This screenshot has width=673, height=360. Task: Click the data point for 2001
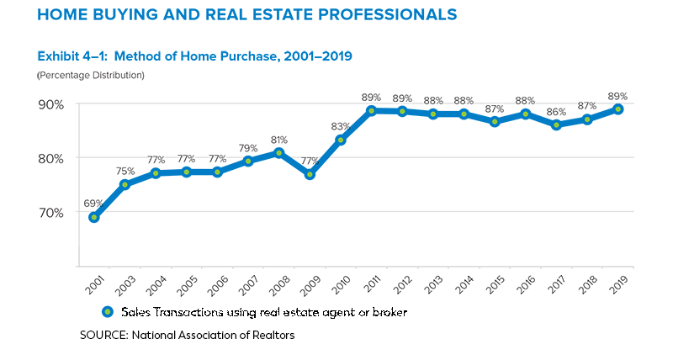click(94, 217)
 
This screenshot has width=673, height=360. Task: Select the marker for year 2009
click(310, 174)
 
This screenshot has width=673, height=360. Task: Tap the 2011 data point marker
click(371, 110)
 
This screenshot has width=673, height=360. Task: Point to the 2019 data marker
click(618, 109)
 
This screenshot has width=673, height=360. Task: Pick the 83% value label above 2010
click(341, 126)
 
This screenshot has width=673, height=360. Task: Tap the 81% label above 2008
click(279, 140)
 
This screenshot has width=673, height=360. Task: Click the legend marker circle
click(107, 312)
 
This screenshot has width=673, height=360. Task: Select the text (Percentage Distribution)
click(90, 76)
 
